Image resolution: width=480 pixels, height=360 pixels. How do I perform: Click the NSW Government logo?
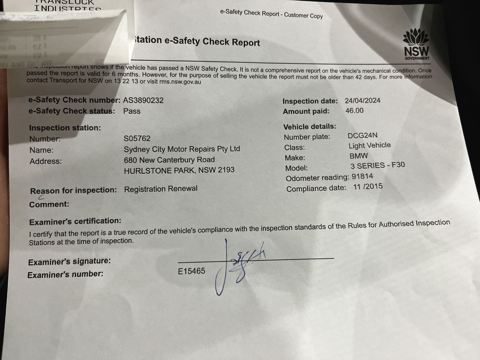[416, 44]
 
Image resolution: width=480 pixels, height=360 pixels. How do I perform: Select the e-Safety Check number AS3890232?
[143, 100]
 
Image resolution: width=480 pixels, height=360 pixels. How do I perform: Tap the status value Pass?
[132, 111]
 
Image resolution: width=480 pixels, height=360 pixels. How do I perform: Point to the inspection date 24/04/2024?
[362, 100]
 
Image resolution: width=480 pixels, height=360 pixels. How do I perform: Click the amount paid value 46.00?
[354, 111]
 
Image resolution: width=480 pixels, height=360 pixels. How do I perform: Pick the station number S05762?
[137, 138]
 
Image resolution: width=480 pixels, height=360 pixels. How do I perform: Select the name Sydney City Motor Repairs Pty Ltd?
[181, 149]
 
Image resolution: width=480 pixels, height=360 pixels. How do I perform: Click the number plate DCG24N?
[362, 136]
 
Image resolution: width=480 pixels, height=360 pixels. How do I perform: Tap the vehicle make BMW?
[358, 156]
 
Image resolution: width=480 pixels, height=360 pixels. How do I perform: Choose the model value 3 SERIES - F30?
[377, 165]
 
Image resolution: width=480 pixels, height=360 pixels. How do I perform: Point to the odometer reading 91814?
[362, 176]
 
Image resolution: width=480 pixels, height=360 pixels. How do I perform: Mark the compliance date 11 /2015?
[367, 187]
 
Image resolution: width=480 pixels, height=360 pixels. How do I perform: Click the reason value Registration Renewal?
[160, 189]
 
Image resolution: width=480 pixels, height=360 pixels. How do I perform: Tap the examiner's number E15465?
[191, 271]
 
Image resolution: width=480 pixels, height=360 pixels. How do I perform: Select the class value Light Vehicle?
[369, 145]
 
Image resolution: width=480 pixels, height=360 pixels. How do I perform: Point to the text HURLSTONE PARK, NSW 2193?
[179, 170]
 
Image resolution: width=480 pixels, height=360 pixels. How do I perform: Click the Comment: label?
[49, 204]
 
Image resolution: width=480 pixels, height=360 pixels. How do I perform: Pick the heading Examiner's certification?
[75, 222]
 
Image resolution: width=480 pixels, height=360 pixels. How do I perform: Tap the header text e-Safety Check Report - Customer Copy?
[271, 14]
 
